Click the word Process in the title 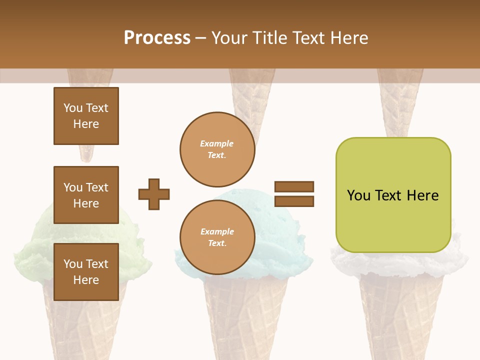157,38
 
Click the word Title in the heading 271,38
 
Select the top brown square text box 86,116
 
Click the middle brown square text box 86,195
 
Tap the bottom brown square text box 86,271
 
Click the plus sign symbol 154,194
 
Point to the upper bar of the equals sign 294,186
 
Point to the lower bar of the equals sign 294,201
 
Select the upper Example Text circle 217,149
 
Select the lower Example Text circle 217,237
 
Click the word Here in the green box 422,195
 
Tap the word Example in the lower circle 217,231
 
